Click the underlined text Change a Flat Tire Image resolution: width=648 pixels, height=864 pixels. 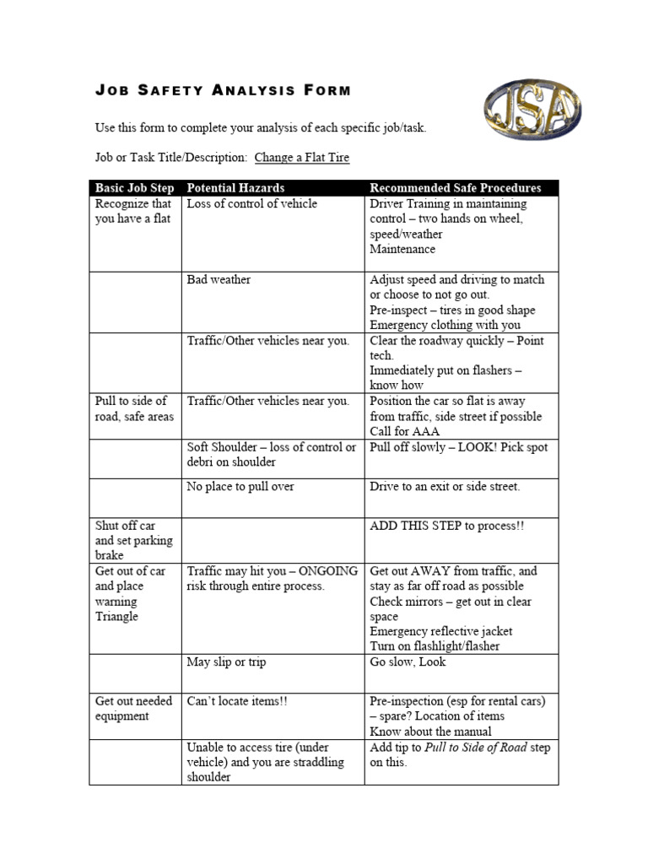[x=301, y=158]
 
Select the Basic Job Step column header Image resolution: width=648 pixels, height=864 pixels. [x=134, y=188]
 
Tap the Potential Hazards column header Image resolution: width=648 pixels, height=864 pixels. [x=235, y=188]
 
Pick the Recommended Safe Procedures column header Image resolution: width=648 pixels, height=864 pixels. [x=455, y=188]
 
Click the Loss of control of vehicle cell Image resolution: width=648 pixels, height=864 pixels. [x=252, y=204]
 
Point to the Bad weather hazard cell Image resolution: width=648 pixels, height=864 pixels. [x=219, y=280]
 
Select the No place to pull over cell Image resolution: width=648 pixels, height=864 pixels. [x=240, y=487]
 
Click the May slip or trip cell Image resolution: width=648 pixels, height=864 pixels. [x=226, y=662]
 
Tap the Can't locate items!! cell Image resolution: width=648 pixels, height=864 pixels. [x=237, y=701]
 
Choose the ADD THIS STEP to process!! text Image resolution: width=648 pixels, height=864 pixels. [x=446, y=526]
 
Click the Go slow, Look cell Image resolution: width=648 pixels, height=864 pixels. [x=408, y=662]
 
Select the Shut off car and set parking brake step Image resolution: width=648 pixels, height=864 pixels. [x=133, y=540]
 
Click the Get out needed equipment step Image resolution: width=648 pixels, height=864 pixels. [x=133, y=709]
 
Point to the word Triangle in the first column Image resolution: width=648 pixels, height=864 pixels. [x=116, y=617]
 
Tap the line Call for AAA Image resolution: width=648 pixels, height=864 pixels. [x=405, y=432]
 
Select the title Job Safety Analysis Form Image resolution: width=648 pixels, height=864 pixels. [x=222, y=91]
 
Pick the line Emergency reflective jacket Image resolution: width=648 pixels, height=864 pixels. [x=440, y=631]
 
